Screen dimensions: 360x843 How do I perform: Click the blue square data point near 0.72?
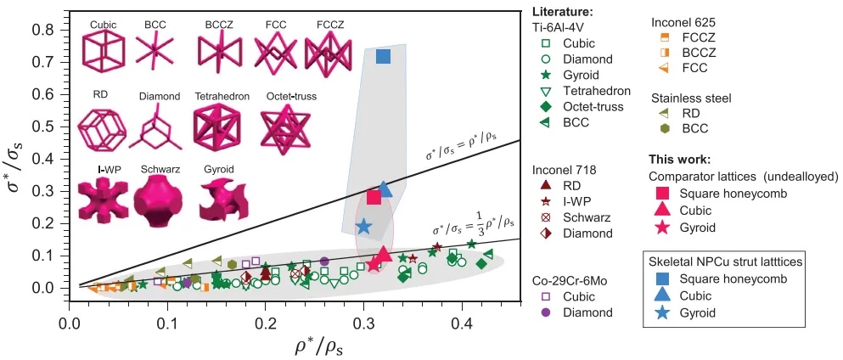click(x=383, y=57)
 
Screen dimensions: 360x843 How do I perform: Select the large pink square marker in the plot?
click(x=374, y=197)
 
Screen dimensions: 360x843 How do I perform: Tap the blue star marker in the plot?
click(x=364, y=227)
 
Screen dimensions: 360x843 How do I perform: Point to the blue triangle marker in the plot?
click(x=385, y=188)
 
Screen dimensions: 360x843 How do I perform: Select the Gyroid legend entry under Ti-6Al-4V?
click(x=581, y=76)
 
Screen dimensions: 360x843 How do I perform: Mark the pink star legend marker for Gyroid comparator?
click(x=662, y=228)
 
